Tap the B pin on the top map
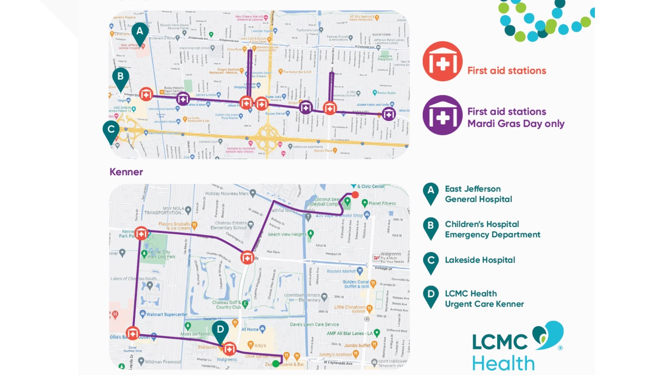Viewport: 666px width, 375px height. (x=120, y=77)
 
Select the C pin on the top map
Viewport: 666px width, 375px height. (x=111, y=131)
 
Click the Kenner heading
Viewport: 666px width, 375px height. (x=126, y=172)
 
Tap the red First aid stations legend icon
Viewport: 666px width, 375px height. (x=442, y=61)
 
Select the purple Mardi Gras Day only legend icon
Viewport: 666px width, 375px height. (x=442, y=115)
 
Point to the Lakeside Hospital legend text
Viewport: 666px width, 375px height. (x=480, y=260)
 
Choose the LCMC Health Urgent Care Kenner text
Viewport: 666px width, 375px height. (x=484, y=299)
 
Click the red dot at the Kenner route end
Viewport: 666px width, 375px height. (x=355, y=195)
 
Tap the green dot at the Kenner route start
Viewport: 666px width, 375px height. (x=275, y=364)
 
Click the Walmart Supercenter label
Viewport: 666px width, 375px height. (x=166, y=315)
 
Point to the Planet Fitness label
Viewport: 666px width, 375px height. (x=382, y=203)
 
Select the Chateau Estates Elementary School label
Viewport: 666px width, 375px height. (x=231, y=225)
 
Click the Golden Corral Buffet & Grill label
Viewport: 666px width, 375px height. (x=356, y=284)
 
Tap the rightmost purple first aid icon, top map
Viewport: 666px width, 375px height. (x=388, y=114)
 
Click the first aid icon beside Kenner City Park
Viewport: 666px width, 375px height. (x=141, y=234)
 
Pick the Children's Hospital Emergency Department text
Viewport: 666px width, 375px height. (x=492, y=230)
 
